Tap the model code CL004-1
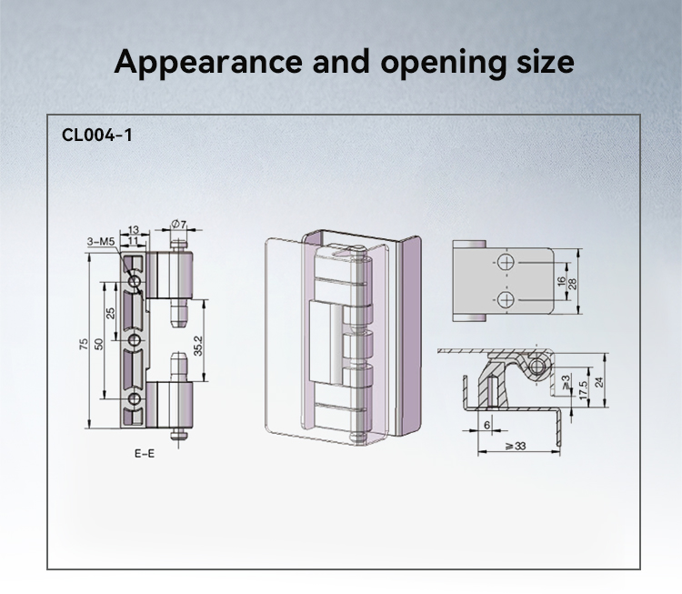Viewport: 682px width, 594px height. point(97,135)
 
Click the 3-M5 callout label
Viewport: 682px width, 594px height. point(100,242)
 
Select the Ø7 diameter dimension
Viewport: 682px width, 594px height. point(178,224)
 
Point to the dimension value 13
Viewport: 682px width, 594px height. point(133,229)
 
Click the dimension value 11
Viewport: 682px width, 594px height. point(133,241)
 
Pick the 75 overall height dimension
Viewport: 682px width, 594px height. point(84,344)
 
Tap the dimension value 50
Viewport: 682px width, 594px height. point(99,344)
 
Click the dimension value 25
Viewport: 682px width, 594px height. point(111,313)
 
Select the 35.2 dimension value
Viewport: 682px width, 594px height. point(198,346)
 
